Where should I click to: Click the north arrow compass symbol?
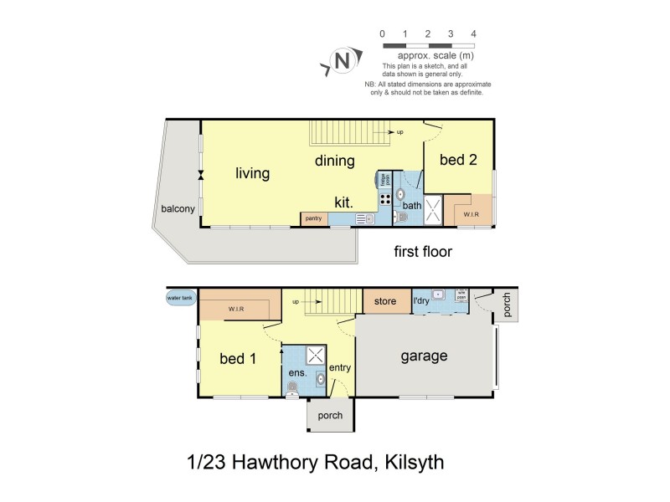coord(341,60)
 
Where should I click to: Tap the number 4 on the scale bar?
coord(474,33)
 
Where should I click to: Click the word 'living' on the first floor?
coord(252,173)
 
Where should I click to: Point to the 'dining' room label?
coord(335,161)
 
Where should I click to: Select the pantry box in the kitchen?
coord(313,218)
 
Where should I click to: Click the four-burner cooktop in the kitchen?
coord(386,199)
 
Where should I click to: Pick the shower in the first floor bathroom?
coord(434,209)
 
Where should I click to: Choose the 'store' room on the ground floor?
coord(385,301)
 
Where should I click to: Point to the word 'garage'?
coord(423,356)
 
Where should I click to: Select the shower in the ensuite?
coord(317,355)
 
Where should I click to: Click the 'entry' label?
coord(340,367)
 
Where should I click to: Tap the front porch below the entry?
coord(330,415)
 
